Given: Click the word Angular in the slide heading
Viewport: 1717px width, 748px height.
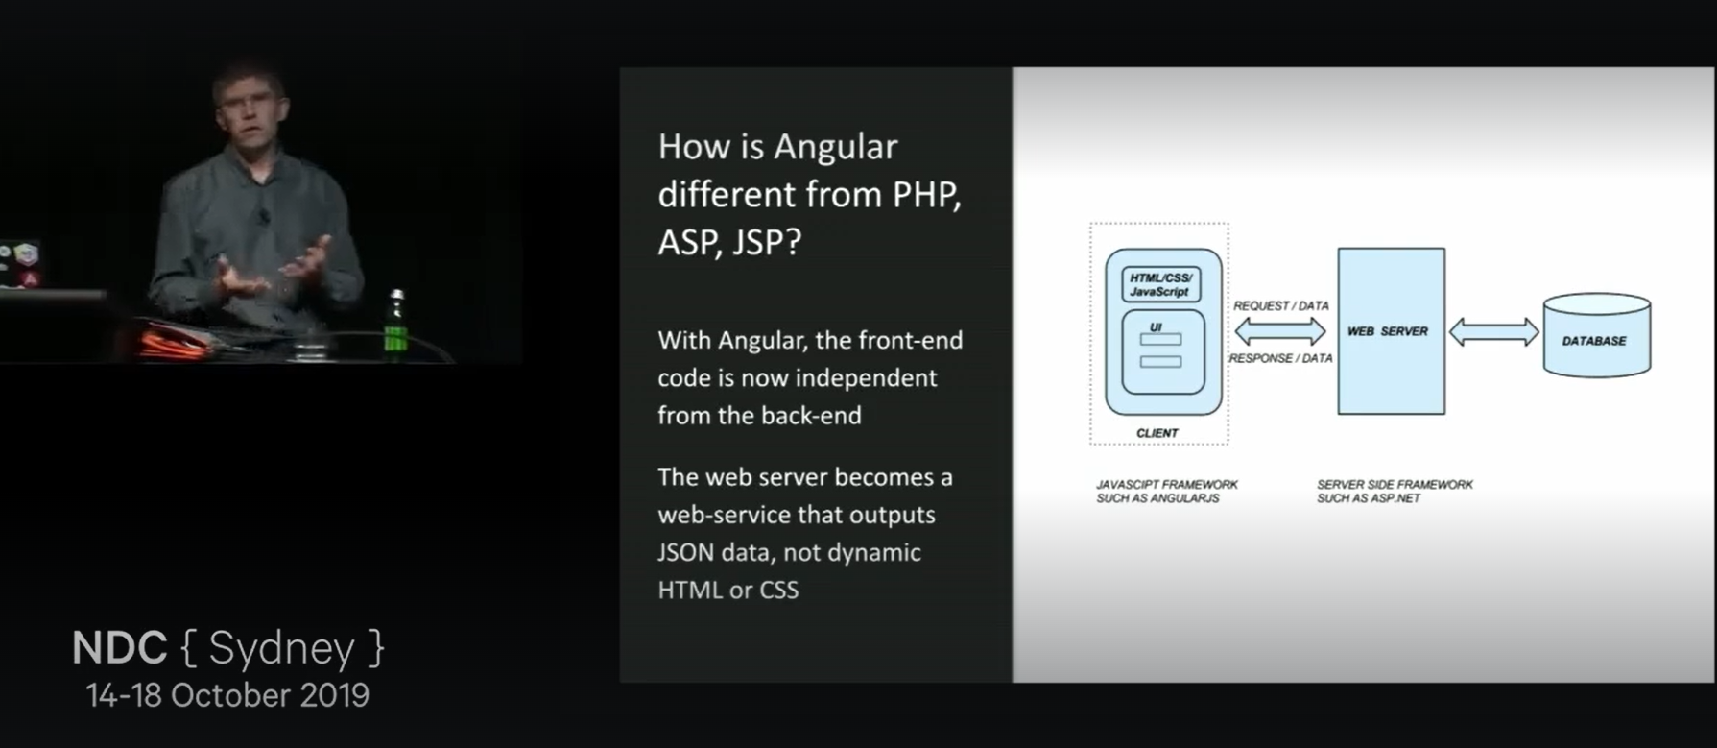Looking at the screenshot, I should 835,147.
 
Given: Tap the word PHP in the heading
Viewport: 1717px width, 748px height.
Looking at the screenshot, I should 926,195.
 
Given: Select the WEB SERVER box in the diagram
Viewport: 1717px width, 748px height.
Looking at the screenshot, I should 1391,331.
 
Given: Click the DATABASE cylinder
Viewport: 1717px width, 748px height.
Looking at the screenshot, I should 1596,338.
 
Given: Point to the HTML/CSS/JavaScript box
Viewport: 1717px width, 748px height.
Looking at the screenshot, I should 1160,285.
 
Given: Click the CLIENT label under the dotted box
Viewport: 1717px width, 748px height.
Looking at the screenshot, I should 1157,433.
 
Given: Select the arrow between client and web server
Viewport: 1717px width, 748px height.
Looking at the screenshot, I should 1279,332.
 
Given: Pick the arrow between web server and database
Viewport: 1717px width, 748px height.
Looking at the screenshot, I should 1493,332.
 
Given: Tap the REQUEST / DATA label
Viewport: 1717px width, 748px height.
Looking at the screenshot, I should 1280,306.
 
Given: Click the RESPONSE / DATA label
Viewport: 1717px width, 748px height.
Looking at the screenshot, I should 1280,358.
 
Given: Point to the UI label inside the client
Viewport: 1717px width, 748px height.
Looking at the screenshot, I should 1156,327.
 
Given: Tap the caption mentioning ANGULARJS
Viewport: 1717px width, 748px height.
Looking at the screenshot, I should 1166,492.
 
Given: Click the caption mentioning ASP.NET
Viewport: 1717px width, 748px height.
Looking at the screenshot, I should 1394,492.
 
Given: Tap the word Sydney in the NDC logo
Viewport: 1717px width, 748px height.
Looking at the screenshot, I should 281,648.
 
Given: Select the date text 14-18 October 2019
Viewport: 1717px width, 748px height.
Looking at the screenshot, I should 227,695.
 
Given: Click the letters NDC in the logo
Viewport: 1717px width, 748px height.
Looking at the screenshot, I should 119,648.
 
